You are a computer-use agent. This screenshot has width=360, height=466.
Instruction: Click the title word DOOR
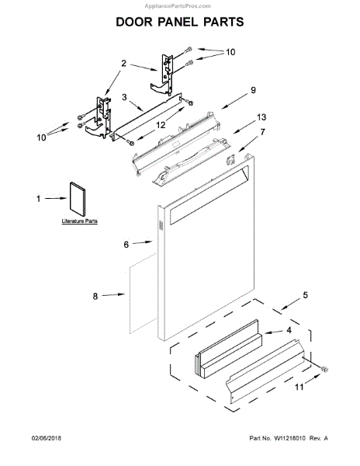point(133,22)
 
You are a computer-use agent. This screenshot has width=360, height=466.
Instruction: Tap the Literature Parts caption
point(80,221)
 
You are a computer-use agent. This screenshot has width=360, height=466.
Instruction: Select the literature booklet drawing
point(78,199)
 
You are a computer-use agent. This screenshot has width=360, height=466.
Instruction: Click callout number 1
point(38,199)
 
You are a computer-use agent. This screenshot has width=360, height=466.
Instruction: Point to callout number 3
point(124,97)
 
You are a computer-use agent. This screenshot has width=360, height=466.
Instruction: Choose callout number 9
point(253,90)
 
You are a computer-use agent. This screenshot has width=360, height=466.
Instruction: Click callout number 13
point(261,117)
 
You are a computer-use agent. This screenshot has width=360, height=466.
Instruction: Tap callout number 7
point(263,132)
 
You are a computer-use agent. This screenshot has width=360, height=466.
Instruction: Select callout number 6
point(126,245)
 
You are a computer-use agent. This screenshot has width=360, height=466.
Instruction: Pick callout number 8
point(95,296)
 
